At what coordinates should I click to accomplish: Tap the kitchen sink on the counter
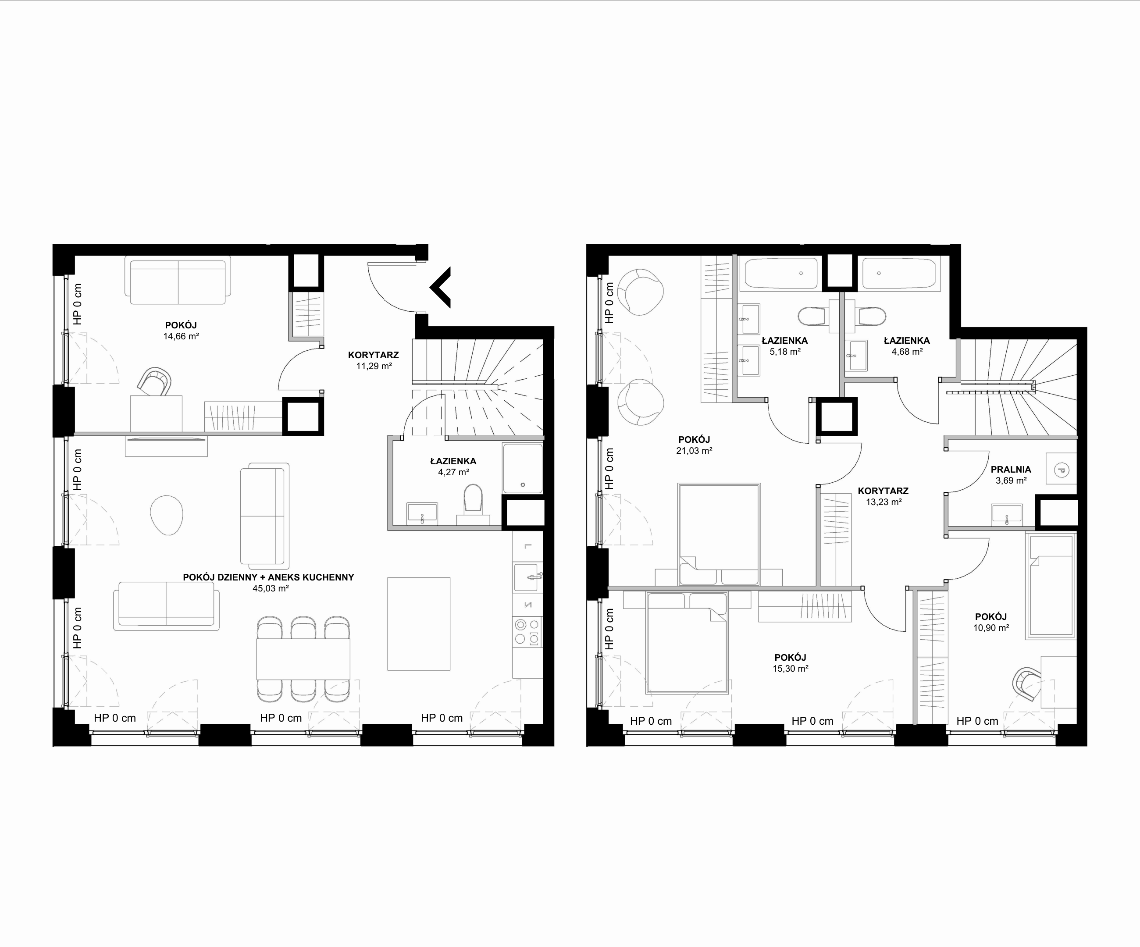pos(527,577)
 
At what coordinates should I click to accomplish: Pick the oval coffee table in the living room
pos(167,515)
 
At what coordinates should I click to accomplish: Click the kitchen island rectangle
pos(419,623)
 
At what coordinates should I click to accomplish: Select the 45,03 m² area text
pos(271,588)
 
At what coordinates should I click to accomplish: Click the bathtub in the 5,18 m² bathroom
pos(781,274)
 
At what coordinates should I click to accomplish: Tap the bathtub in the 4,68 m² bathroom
pos(898,273)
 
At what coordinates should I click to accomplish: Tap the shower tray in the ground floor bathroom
pos(523,468)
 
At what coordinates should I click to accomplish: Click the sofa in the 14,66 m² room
pos(178,281)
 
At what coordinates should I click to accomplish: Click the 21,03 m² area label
pos(695,450)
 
